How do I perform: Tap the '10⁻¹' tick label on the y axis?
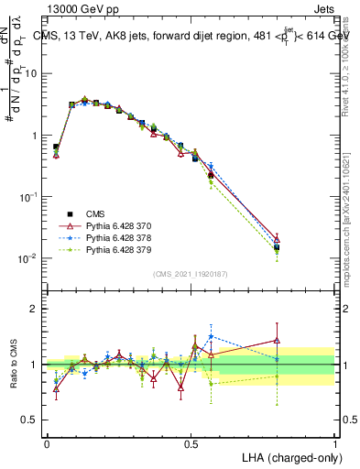coord(29,196)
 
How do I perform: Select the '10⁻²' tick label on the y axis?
coord(29,258)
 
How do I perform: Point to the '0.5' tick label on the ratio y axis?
coord(31,420)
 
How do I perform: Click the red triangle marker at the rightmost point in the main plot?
coord(277,238)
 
